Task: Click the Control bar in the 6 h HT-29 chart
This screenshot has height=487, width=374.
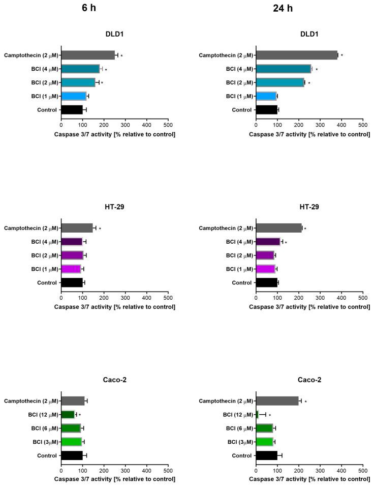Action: click(x=72, y=282)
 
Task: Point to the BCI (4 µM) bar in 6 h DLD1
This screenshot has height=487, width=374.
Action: click(x=80, y=69)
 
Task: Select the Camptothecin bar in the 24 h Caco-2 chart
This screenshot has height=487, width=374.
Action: click(x=277, y=401)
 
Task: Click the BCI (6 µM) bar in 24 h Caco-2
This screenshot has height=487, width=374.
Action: click(x=264, y=428)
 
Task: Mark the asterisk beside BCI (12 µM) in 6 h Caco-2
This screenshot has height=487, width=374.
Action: click(x=80, y=415)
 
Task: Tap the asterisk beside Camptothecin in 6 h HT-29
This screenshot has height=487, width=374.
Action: click(x=100, y=229)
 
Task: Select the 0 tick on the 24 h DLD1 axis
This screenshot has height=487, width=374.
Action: click(x=256, y=125)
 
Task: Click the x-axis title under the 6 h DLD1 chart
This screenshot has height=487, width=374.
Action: click(x=114, y=134)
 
